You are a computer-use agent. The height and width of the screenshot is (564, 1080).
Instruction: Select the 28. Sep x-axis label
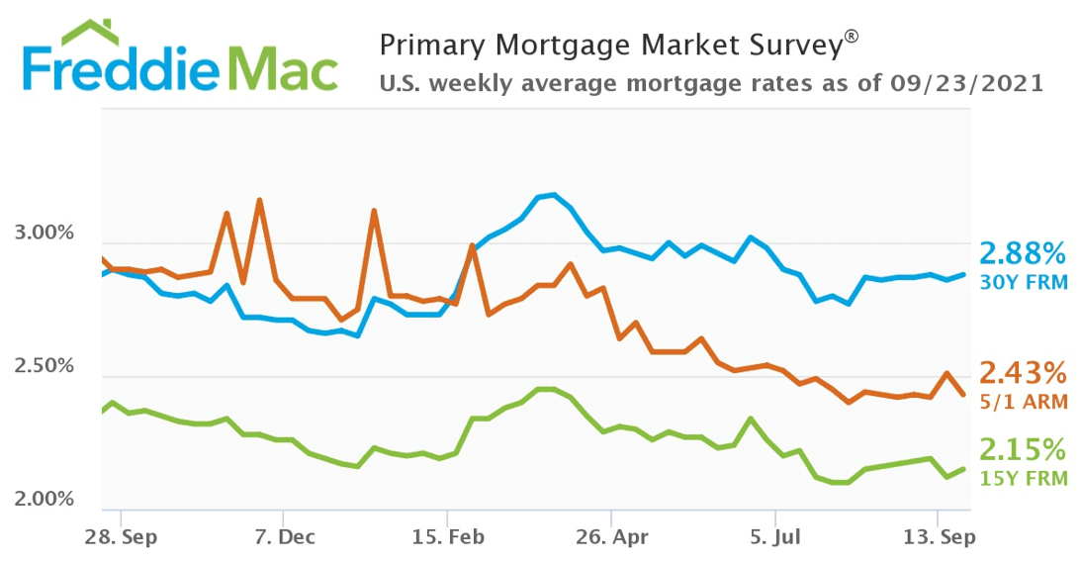(119, 537)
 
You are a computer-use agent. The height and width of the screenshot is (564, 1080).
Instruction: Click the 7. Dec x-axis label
(283, 537)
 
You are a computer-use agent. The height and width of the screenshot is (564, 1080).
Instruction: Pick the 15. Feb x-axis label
(447, 537)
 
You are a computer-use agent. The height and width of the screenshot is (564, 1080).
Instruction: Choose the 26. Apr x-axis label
(611, 537)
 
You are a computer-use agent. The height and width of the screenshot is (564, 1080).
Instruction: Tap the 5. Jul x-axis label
(775, 537)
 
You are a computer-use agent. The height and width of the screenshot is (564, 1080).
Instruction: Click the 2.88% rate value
(1023, 252)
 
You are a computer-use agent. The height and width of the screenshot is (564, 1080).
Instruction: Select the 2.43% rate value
(1023, 374)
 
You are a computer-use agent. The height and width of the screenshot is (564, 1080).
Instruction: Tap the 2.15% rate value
(1023, 451)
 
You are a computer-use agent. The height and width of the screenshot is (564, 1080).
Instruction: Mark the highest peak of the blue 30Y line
(553, 195)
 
